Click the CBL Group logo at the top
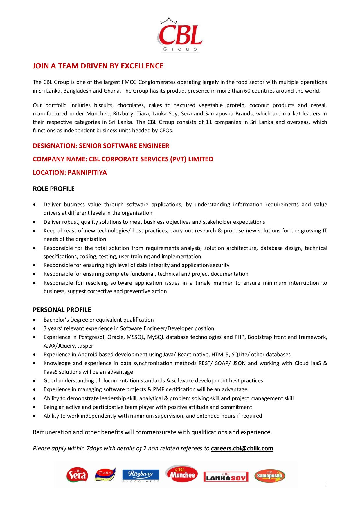180,35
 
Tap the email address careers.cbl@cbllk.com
242,448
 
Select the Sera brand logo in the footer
77,475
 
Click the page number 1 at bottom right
326,484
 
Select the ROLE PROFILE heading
54,189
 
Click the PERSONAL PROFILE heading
62,310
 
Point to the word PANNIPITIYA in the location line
87,173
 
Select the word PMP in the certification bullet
159,389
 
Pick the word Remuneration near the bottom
52,432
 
